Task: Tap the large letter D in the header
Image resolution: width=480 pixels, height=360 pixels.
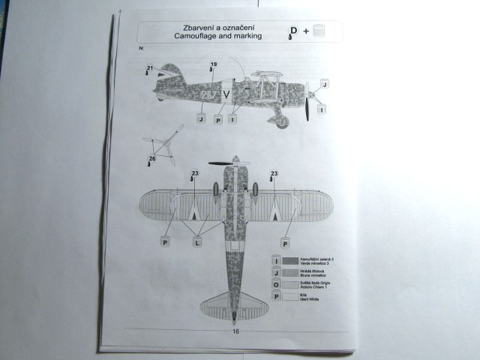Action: pos(293,31)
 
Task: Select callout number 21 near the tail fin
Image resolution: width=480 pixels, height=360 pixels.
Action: pos(150,69)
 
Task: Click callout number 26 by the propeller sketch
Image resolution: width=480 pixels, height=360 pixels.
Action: pos(151,158)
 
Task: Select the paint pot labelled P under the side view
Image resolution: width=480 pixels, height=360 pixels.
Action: pos(218,118)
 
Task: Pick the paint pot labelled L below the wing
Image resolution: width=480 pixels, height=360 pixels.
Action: pos(196,241)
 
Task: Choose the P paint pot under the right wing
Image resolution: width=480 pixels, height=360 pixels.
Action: pos(285,241)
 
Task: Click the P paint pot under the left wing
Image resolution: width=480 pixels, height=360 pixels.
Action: pos(164,241)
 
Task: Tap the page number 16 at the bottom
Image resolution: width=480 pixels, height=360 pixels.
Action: pos(235,331)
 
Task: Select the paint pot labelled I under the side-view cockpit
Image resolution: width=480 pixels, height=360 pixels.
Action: pos(232,118)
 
